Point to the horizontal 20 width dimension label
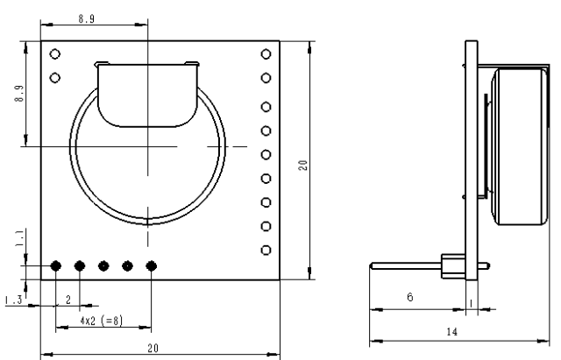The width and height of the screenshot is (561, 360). tap(153, 347)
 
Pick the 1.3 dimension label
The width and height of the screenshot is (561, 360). tap(14, 300)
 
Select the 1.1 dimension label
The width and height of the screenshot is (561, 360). tap(19, 237)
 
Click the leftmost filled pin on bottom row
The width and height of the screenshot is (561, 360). tap(56, 265)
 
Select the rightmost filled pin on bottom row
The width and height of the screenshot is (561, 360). tap(151, 265)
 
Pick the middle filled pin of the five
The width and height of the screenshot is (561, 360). tap(103, 265)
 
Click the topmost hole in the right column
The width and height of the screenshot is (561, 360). tap(266, 55)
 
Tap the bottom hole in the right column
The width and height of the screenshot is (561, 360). tap(266, 250)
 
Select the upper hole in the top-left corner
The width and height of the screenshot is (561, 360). tap(55, 54)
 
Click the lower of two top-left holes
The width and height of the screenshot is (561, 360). tap(55, 77)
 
